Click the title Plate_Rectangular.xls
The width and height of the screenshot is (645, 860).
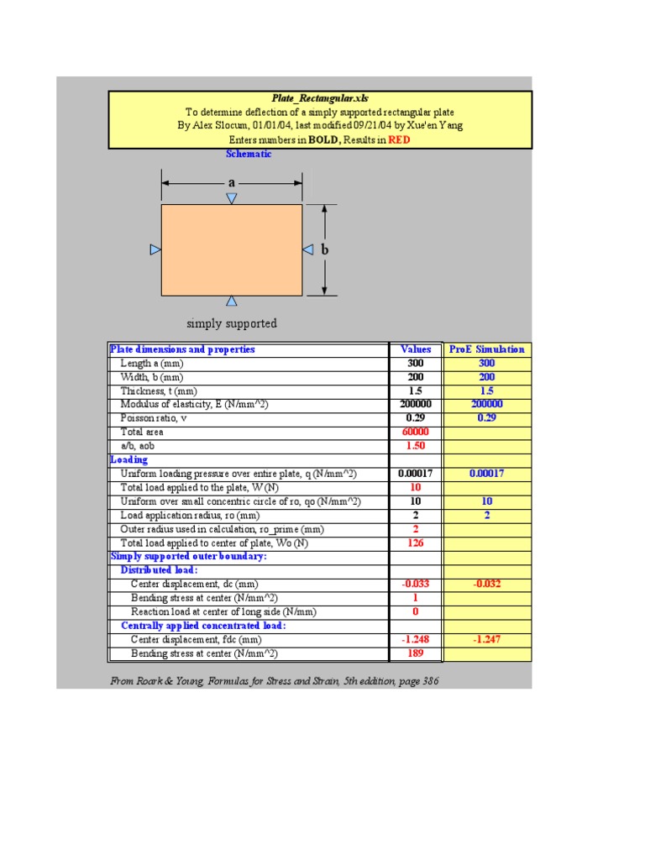[320, 98]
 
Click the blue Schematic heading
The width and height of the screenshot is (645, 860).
[249, 154]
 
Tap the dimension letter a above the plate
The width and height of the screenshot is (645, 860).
[232, 182]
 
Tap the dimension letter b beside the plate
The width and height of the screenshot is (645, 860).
[325, 249]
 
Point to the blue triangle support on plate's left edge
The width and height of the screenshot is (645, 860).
[155, 249]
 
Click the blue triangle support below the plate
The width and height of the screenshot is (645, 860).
[232, 301]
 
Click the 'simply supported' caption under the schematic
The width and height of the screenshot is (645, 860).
[232, 323]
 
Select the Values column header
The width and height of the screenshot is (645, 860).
[416, 349]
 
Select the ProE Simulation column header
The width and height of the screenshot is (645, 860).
[487, 349]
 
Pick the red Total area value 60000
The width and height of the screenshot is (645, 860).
[416, 432]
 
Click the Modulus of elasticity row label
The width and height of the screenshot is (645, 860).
[194, 404]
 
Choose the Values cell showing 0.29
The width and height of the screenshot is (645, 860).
[416, 418]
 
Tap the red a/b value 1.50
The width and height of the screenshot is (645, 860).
[416, 445]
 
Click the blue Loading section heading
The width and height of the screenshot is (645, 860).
[128, 459]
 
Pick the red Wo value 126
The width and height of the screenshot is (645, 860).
[416, 543]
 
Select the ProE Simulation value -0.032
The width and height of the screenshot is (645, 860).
[487, 584]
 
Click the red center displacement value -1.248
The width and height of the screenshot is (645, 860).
[416, 639]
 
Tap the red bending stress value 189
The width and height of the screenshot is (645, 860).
[416, 653]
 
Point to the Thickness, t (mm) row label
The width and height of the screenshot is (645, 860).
[159, 391]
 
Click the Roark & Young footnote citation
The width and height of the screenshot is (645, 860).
[275, 681]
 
